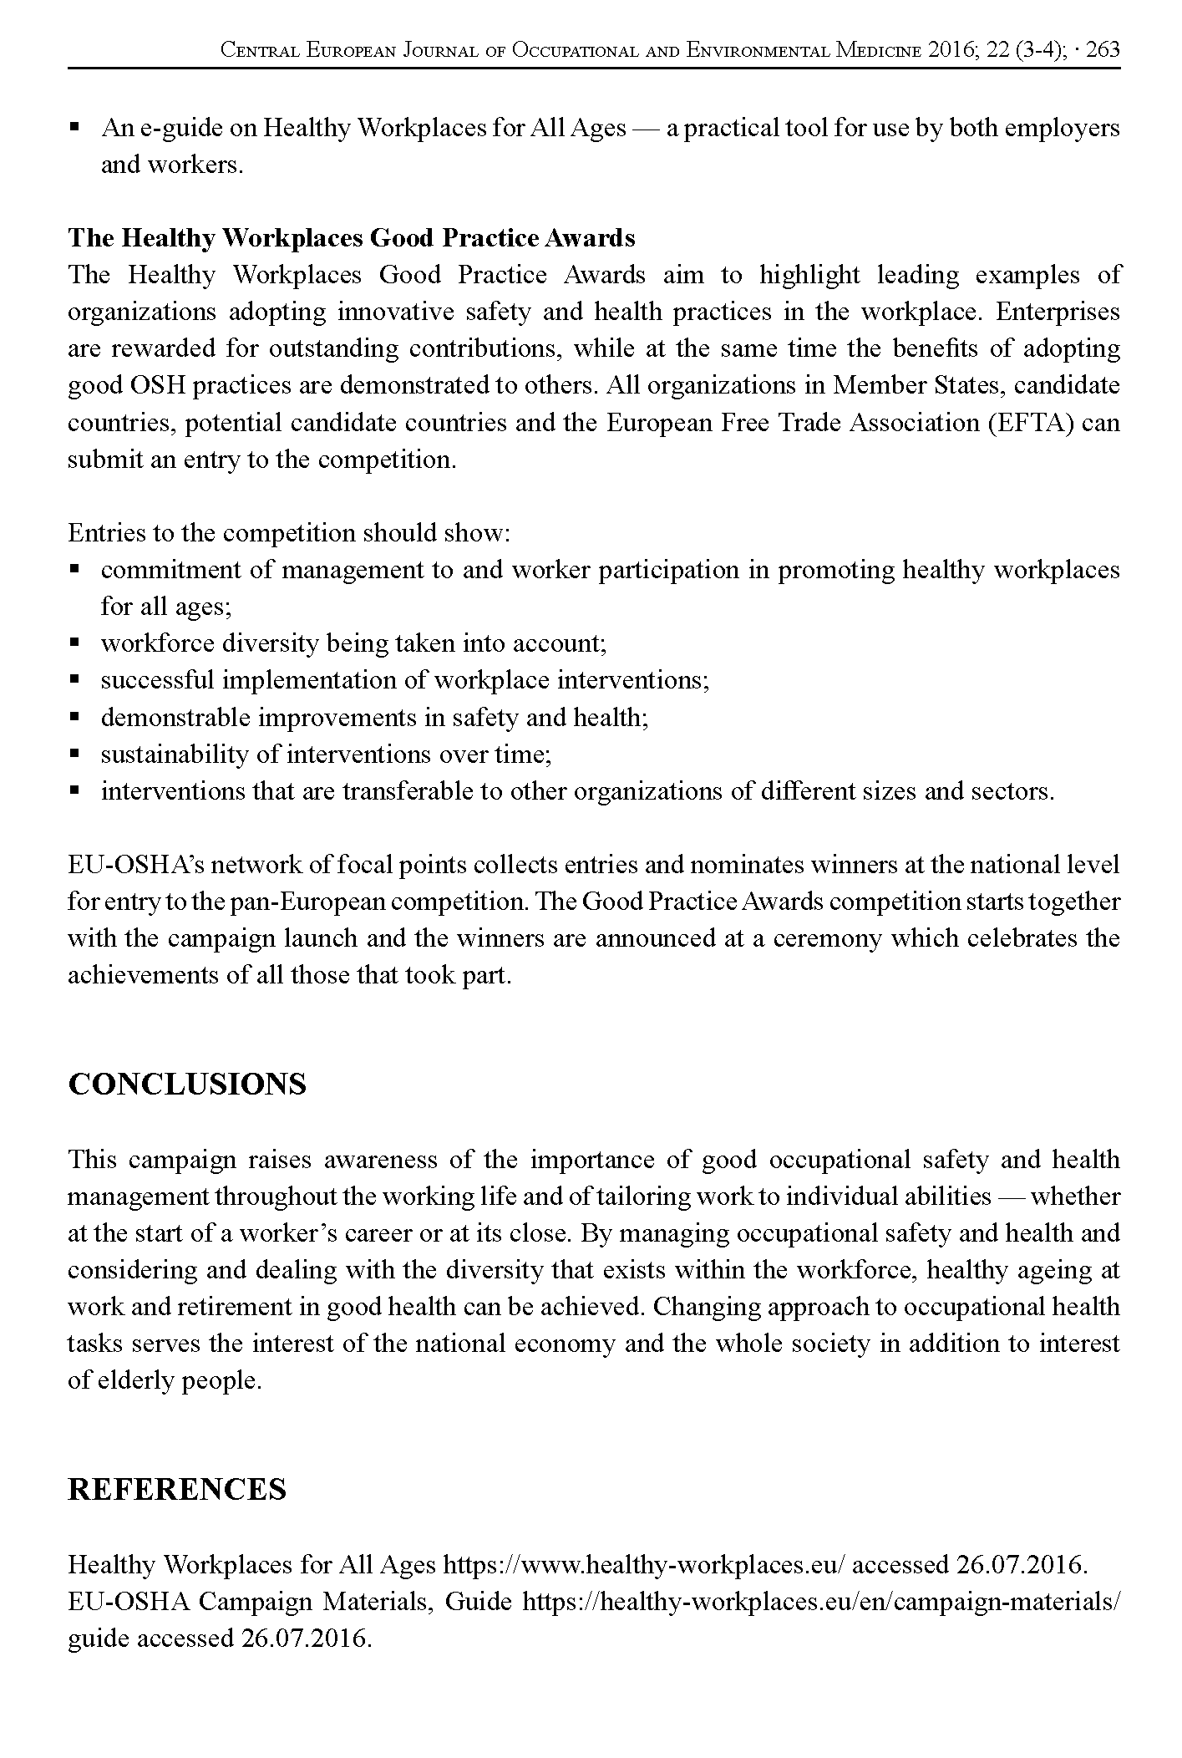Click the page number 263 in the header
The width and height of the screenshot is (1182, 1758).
pyautogui.click(x=1103, y=50)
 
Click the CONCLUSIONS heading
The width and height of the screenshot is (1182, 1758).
pyautogui.click(x=187, y=1084)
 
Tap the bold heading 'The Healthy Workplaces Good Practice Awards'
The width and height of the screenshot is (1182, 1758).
pyautogui.click(x=352, y=238)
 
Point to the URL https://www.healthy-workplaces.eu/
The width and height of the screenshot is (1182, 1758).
pyautogui.click(x=645, y=1564)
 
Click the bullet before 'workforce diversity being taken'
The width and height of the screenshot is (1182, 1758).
pyautogui.click(x=74, y=643)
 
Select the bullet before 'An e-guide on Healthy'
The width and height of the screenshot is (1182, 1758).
pyautogui.click(x=74, y=129)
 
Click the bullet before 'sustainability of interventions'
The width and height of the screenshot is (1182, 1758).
pyautogui.click(x=74, y=754)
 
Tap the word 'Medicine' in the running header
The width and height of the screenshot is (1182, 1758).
pyautogui.click(x=879, y=50)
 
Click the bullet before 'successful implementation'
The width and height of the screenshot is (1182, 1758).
pyautogui.click(x=74, y=680)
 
